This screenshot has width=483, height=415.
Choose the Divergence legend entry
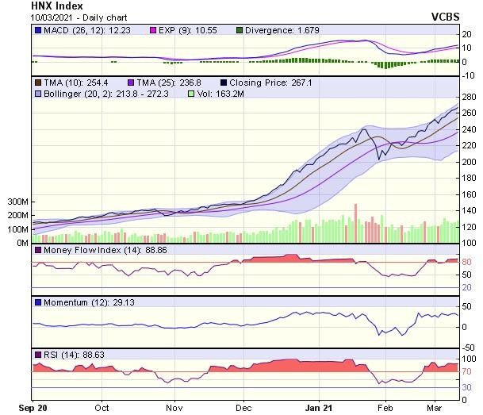pos(277,30)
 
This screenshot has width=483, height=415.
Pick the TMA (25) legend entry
pos(165,82)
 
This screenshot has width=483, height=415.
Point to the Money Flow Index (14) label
pos(98,251)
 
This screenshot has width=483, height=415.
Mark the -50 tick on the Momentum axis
pos(468,347)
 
